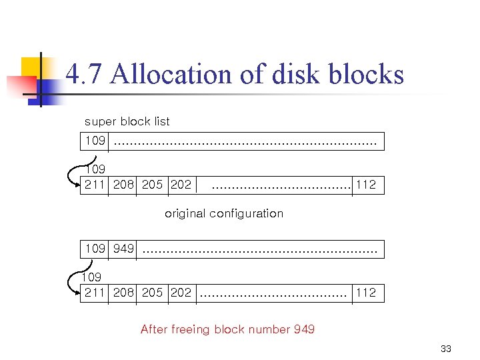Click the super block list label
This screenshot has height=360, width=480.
click(127, 121)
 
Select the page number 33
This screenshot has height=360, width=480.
click(446, 349)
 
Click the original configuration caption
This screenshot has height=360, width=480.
click(224, 213)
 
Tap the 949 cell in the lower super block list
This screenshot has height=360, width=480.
click(123, 249)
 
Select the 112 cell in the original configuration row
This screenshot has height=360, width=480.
click(366, 185)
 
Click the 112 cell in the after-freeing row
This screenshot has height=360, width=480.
click(366, 293)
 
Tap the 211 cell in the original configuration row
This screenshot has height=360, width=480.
click(95, 185)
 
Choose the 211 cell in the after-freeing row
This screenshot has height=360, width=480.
click(95, 293)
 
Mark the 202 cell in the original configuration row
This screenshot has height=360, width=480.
click(181, 185)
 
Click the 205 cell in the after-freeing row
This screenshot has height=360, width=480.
click(152, 293)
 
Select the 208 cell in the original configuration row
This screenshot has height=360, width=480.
click(123, 185)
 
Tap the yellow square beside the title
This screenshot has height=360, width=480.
click(33, 68)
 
